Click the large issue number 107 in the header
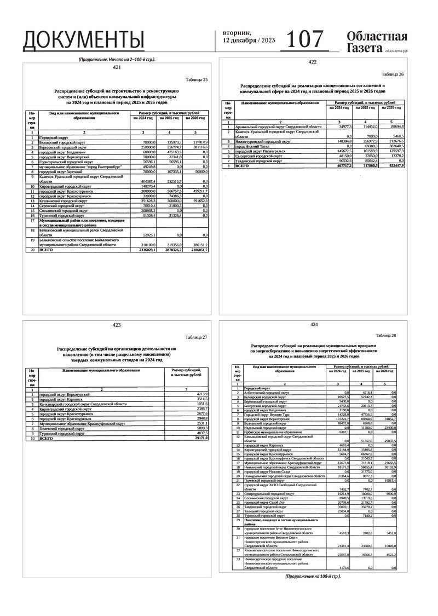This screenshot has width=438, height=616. (306, 39)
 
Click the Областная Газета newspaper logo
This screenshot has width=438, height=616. (377, 42)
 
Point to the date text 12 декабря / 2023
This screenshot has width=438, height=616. (249, 41)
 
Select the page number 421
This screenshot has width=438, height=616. (116, 67)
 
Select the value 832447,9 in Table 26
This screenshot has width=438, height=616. (393, 165)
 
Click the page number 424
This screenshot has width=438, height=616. (313, 325)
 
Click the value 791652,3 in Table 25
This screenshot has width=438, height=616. (198, 201)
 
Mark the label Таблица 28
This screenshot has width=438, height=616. (385, 335)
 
